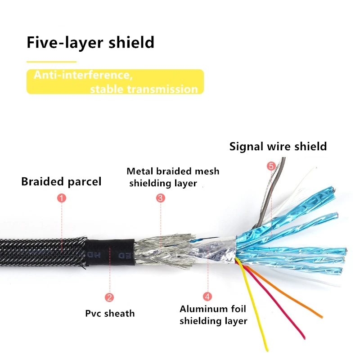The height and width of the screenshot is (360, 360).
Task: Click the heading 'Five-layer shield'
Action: coord(90,43)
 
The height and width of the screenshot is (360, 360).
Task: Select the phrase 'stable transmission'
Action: coord(144,89)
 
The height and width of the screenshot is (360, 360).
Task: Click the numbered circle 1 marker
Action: coord(62,198)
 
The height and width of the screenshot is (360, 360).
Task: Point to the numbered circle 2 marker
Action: coord(109,297)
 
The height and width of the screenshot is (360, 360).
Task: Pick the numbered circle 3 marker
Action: coord(160,198)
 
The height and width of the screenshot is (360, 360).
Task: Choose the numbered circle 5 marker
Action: coord(271,166)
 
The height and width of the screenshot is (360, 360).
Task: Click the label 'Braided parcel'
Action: coord(61,182)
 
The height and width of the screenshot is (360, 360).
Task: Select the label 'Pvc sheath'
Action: coord(110,313)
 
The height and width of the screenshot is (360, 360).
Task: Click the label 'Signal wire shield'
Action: coord(278,146)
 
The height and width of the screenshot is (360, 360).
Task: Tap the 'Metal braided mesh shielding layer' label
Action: coord(173,177)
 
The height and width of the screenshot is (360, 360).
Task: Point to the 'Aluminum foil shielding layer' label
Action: coord(213,315)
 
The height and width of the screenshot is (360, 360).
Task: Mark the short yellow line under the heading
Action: coord(51,62)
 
